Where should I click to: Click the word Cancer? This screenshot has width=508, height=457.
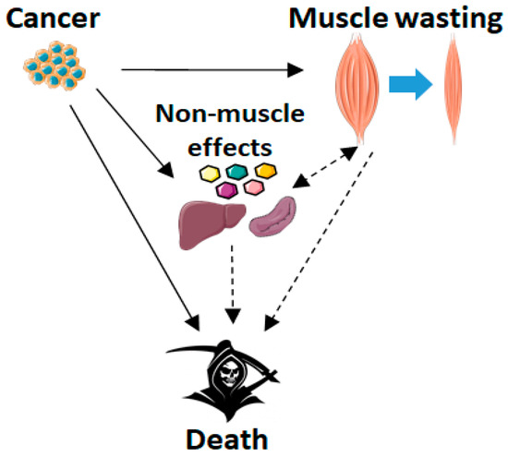coord(53,18)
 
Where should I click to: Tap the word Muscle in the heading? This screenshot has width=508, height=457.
coord(338,18)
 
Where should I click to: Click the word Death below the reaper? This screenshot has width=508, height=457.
coord(227,439)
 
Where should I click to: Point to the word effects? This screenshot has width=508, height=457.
coord(230,148)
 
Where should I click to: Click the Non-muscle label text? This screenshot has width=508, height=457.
coord(230,114)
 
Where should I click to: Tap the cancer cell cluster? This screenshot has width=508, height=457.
coord(54,66)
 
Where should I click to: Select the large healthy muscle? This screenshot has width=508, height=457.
coord(357,88)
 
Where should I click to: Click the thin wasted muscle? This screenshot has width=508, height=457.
coord(454,88)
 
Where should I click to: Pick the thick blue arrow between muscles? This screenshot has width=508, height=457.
coord(411,84)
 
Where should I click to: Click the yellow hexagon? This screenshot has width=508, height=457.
coord(210,174)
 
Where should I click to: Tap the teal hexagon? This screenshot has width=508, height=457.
coord(237,172)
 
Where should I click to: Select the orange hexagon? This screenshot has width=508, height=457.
coord(266,171)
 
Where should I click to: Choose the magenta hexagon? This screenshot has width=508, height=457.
coord(227,190)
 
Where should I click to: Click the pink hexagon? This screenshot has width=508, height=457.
coord(254,187)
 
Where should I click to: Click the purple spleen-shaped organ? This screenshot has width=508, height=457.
coord(272,216)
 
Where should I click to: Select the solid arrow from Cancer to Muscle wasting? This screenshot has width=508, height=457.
coord(212,70)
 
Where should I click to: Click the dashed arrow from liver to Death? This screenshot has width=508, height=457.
coord(233,284)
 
